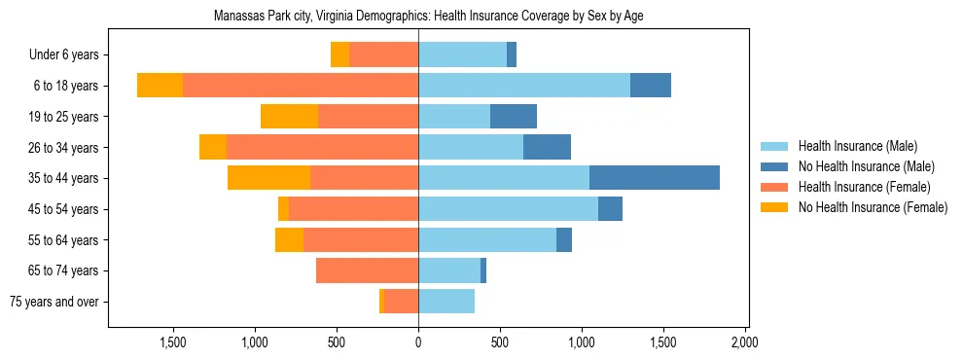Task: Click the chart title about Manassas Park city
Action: [428, 16]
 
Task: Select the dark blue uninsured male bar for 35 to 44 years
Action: [654, 178]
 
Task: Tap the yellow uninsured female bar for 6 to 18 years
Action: [160, 86]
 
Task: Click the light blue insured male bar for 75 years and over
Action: [446, 302]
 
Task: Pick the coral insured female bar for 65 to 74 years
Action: [367, 270]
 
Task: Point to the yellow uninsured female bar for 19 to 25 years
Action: [289, 117]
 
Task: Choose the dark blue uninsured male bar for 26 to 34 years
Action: [547, 147]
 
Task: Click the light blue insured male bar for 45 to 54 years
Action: [508, 209]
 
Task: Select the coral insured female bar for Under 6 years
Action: [383, 54]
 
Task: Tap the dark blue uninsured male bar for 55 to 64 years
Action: [564, 239]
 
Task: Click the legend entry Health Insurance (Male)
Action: [857, 146]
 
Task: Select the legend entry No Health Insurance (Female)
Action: [873, 207]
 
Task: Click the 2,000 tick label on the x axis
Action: [744, 342]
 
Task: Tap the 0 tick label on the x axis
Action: [418, 342]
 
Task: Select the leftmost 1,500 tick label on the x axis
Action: [173, 342]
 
